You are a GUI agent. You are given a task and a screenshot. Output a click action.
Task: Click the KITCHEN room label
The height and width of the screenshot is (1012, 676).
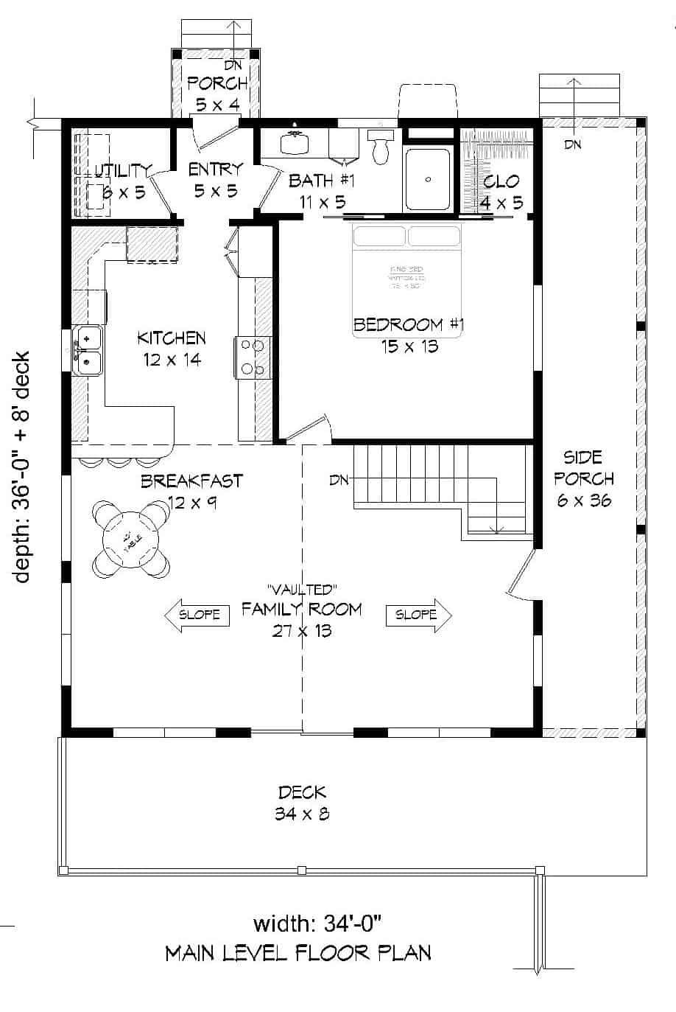pyautogui.click(x=171, y=338)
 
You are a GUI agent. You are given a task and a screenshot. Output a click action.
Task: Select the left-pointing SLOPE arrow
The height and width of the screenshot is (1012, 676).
pyautogui.click(x=193, y=614)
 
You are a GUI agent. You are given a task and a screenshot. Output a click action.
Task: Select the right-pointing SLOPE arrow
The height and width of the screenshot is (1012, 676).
pyautogui.click(x=419, y=614)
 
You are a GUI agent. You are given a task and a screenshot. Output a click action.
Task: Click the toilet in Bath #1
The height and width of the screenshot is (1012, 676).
pyautogui.click(x=381, y=147)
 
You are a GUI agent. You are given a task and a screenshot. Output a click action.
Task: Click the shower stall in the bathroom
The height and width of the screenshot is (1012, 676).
pyautogui.click(x=426, y=179)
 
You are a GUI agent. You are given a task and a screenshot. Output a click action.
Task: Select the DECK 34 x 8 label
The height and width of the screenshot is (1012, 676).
pyautogui.click(x=302, y=803)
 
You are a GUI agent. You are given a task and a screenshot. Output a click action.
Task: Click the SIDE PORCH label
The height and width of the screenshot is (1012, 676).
pyautogui.click(x=584, y=478)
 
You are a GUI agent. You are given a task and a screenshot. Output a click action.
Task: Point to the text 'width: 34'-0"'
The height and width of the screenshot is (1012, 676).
pyautogui.click(x=317, y=923)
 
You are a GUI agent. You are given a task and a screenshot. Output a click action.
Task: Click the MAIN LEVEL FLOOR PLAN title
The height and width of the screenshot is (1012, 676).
pyautogui.click(x=297, y=952)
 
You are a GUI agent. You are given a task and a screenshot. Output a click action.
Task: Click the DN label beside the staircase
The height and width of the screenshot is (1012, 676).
pyautogui.click(x=339, y=481)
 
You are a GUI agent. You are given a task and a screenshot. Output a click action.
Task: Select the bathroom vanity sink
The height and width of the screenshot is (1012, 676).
pyautogui.click(x=296, y=141)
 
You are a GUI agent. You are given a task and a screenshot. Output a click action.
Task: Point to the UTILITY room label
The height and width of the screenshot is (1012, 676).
pyautogui.click(x=122, y=171)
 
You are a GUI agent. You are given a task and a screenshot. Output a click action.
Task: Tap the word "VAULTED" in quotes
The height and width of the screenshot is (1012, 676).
pyautogui.click(x=302, y=589)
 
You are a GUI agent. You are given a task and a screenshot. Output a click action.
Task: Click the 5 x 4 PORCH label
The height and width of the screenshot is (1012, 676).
pyautogui.click(x=216, y=93)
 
